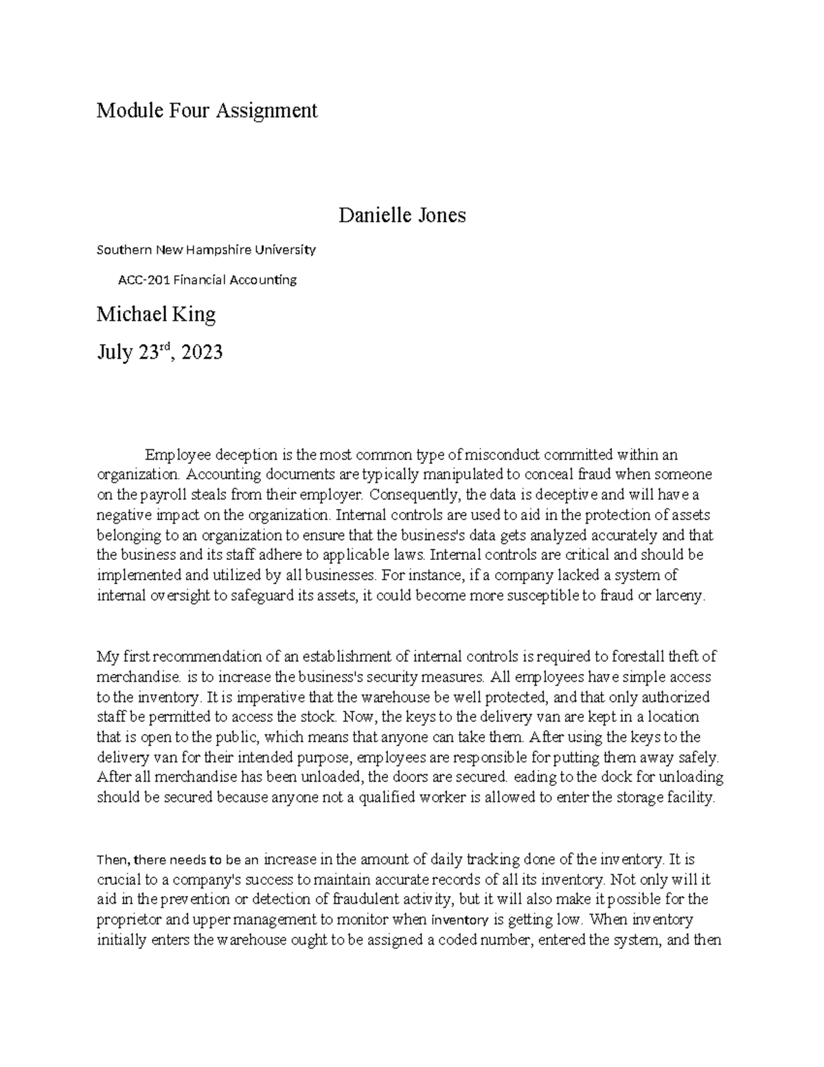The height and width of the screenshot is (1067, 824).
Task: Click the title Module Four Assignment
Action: (207, 110)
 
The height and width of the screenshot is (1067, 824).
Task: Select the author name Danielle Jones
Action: (402, 215)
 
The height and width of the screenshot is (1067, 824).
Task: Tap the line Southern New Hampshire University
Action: (206, 249)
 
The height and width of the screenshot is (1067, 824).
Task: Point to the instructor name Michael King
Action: (156, 315)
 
